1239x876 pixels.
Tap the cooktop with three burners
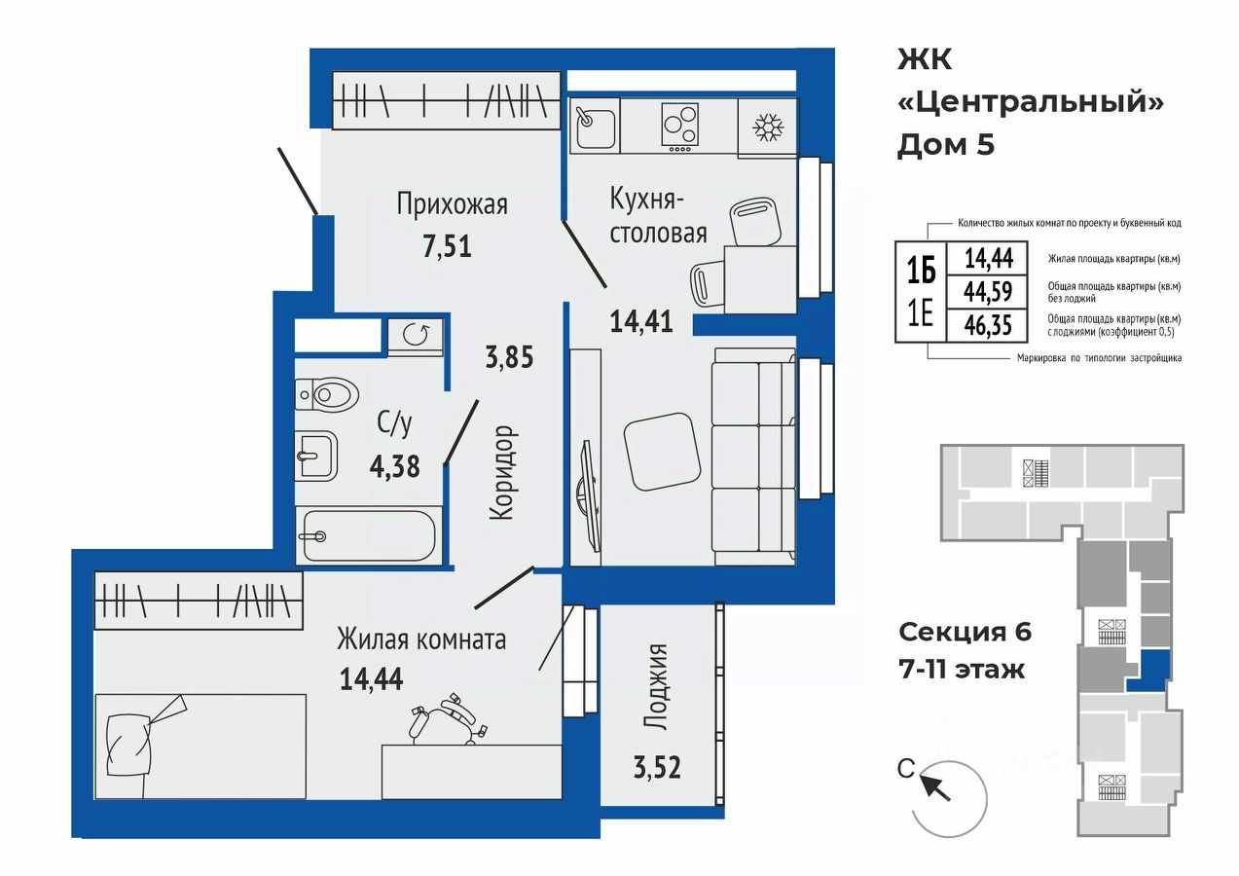tap(679, 128)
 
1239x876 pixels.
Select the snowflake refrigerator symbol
tap(768, 128)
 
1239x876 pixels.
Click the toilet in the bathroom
tap(326, 394)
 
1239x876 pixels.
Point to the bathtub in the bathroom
tap(369, 535)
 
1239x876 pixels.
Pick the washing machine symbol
tap(416, 335)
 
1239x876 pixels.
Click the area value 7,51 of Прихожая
tap(447, 246)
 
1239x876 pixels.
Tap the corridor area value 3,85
tap(509, 356)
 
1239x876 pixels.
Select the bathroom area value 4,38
tap(395, 467)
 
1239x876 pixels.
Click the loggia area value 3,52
tap(657, 768)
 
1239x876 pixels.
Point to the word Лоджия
tap(657, 686)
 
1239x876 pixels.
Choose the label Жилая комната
tap(421, 639)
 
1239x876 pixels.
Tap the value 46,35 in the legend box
tap(989, 325)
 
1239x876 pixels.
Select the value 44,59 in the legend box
tap(989, 291)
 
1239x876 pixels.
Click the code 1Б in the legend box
tap(921, 272)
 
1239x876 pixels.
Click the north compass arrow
tap(934, 787)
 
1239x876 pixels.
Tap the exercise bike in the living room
tap(448, 718)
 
